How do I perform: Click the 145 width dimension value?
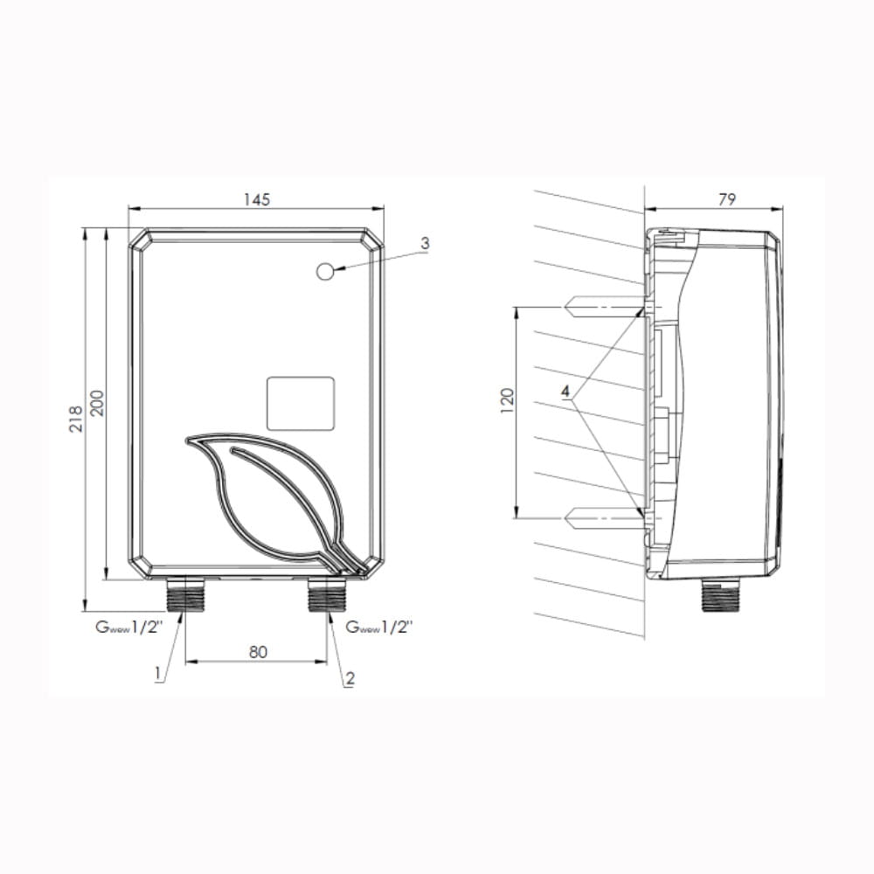pos(257,199)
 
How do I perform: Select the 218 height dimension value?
pos(76,419)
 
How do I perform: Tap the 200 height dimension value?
pos(97,402)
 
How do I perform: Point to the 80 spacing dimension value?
pos(258,652)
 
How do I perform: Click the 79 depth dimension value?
pos(727,199)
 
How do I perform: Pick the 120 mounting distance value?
pos(507,400)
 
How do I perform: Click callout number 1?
pos(158,673)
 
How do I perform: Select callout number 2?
pos(350,678)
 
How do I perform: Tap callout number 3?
pos(426,243)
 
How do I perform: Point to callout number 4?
pos(565,392)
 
